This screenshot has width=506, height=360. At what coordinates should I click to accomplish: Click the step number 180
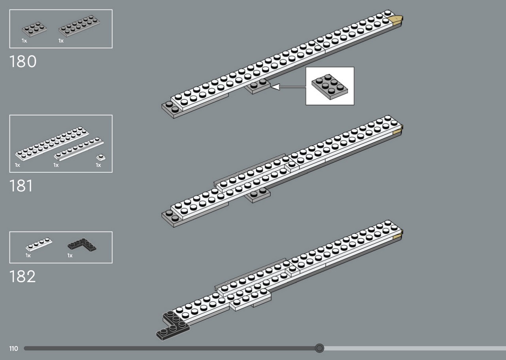[23, 61]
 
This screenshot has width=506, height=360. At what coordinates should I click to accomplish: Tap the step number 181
[21, 186]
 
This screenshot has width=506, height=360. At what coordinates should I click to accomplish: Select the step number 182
[23, 277]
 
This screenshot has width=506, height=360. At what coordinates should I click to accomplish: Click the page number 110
[13, 349]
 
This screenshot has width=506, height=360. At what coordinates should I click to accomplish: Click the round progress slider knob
[319, 348]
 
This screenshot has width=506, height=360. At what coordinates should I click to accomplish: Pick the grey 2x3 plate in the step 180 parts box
[34, 29]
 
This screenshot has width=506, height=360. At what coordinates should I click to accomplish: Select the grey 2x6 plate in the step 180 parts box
[79, 26]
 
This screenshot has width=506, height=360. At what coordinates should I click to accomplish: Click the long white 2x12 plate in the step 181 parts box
[52, 143]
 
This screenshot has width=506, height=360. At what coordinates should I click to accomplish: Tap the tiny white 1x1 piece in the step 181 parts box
[101, 157]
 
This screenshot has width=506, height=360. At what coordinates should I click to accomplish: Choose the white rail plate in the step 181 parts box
[79, 149]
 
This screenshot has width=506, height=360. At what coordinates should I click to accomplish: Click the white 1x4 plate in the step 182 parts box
[39, 244]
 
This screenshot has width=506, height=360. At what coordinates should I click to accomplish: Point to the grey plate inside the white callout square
[330, 87]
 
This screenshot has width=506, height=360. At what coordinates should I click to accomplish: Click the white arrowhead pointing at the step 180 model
[276, 87]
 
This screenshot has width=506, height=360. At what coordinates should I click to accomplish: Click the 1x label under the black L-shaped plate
[70, 255]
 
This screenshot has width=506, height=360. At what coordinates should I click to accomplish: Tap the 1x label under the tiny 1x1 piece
[98, 165]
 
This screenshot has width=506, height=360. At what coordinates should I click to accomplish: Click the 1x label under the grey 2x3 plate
[25, 41]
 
